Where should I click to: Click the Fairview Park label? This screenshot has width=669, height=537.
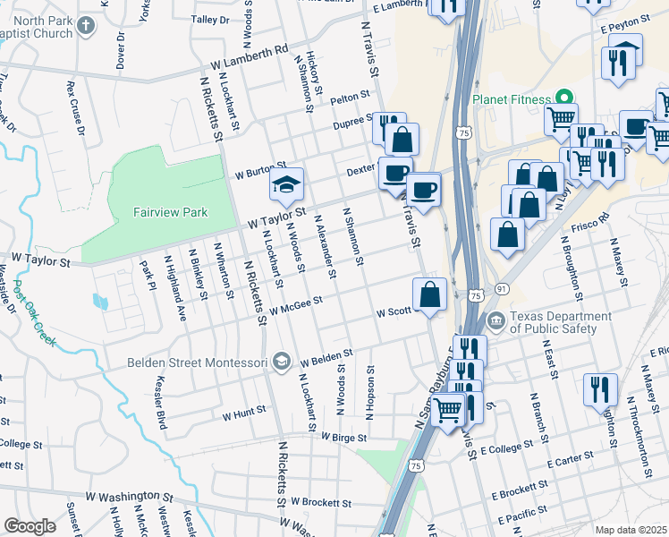coord(170,212)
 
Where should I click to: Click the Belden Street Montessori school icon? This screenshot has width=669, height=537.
coord(282,362)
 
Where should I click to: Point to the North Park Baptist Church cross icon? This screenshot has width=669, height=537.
coord(86,25)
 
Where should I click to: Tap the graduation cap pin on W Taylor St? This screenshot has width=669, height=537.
coord(287,185)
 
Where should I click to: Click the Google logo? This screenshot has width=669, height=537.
coord(30,526)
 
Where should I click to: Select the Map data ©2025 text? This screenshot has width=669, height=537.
coord(631,530)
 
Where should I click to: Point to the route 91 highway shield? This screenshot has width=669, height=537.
coord(503,288)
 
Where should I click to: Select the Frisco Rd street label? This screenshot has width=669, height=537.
coord(590,222)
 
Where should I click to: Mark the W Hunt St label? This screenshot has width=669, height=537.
coord(244,413)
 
